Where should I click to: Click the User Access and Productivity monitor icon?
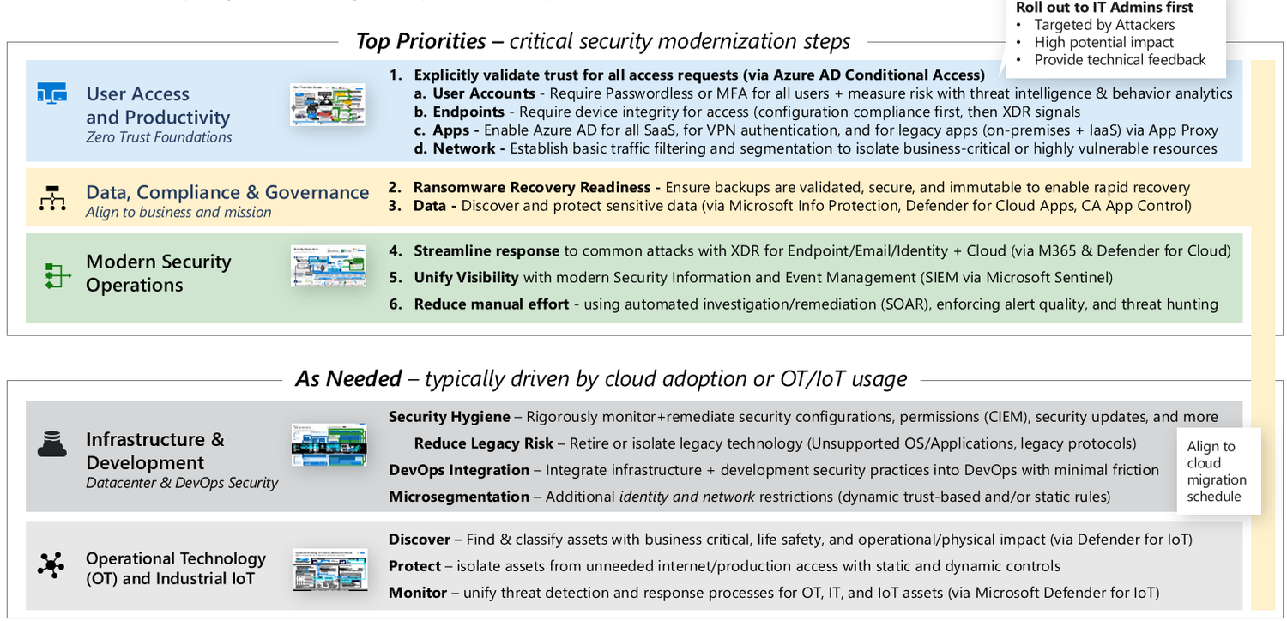click(51, 93)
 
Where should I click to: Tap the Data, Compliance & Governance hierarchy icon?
click(52, 198)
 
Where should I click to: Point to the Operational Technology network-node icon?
click(51, 565)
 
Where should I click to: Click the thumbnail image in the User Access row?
click(327, 105)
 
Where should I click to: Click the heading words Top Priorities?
click(420, 41)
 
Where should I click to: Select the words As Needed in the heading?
click(348, 378)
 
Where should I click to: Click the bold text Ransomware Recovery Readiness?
click(532, 187)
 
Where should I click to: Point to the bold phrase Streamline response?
click(486, 250)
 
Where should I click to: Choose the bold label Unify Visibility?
click(466, 277)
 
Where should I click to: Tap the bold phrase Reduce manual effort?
click(491, 304)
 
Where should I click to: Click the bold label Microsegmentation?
click(459, 497)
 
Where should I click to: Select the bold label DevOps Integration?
click(459, 470)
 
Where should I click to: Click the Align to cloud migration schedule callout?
click(1217, 471)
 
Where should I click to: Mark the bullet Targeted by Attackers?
click(1104, 25)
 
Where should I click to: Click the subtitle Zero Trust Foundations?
click(159, 137)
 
